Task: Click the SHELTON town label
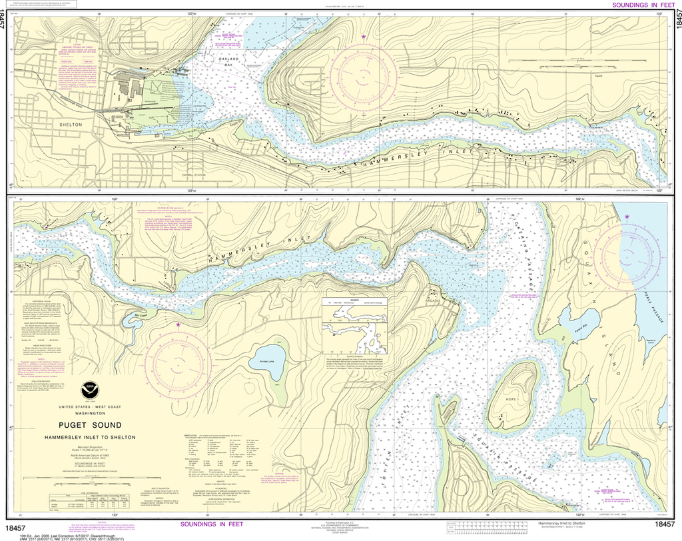tap(71, 125)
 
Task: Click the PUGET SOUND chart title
tap(89, 425)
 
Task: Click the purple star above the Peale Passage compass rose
tap(627, 217)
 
